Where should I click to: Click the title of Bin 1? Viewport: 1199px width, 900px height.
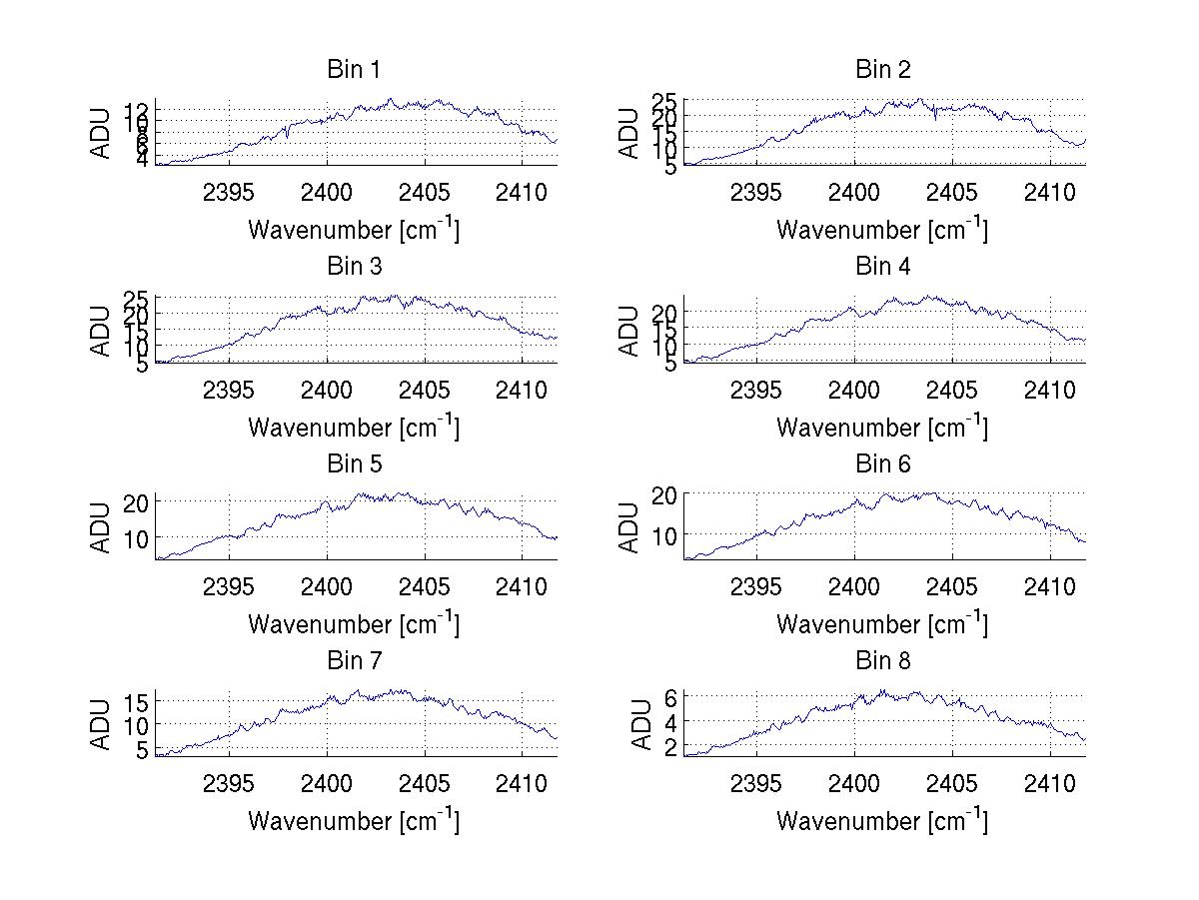click(x=353, y=70)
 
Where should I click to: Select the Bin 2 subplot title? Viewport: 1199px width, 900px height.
click(x=883, y=70)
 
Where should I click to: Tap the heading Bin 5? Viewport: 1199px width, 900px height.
click(x=353, y=464)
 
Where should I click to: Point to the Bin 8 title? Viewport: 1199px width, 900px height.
click(x=883, y=661)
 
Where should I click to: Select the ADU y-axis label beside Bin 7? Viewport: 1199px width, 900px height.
click(x=101, y=724)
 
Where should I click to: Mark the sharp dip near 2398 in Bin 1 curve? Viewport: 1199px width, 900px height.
click(x=287, y=137)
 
